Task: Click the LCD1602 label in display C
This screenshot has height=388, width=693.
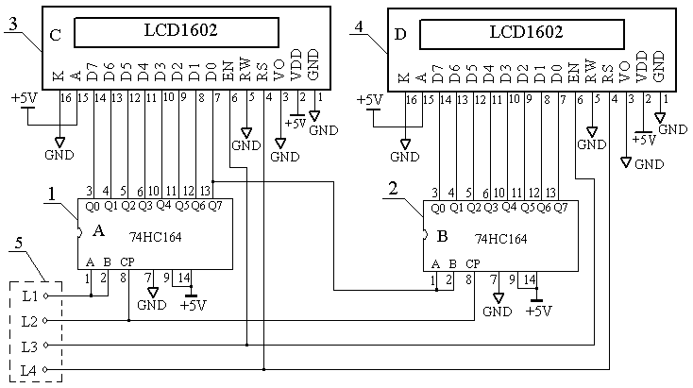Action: coord(177,30)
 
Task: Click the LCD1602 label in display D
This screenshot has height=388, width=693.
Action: coord(526,31)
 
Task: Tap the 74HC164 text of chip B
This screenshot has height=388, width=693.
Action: coord(500,239)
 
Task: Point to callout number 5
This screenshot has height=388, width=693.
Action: coord(19,245)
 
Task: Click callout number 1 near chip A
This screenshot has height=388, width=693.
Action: coord(52,194)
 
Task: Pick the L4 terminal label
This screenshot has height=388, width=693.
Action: coord(29,368)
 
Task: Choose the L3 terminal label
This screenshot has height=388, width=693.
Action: coord(29,345)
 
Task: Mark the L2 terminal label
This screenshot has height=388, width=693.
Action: coord(29,321)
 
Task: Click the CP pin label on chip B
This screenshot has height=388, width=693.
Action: coord(473,263)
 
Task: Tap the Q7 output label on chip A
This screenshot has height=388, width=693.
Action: coord(215,206)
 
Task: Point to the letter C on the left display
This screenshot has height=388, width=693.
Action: coord(55,36)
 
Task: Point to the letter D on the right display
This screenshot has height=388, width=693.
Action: coord(400,37)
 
